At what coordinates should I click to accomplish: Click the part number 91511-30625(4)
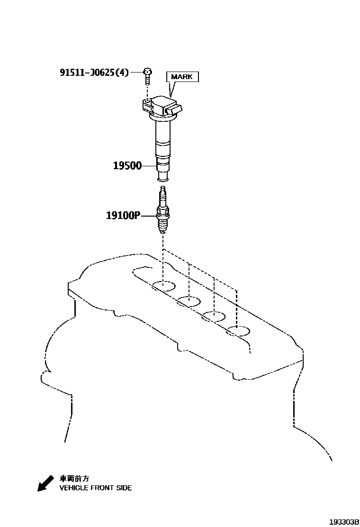(x=94, y=73)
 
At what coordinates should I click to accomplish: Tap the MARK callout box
(x=182, y=77)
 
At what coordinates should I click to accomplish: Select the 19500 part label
(x=127, y=166)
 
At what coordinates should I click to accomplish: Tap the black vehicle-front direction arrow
(x=46, y=483)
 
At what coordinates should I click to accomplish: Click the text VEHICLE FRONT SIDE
(x=96, y=488)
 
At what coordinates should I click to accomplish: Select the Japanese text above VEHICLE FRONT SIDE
(x=74, y=479)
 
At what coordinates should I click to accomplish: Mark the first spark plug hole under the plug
(x=163, y=286)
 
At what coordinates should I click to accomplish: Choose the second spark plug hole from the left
(x=189, y=301)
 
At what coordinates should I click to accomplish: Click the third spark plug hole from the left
(x=214, y=316)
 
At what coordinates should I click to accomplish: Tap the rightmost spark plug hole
(x=238, y=331)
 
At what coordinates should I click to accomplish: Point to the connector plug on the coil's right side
(x=175, y=109)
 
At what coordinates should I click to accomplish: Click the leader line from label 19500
(x=149, y=166)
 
